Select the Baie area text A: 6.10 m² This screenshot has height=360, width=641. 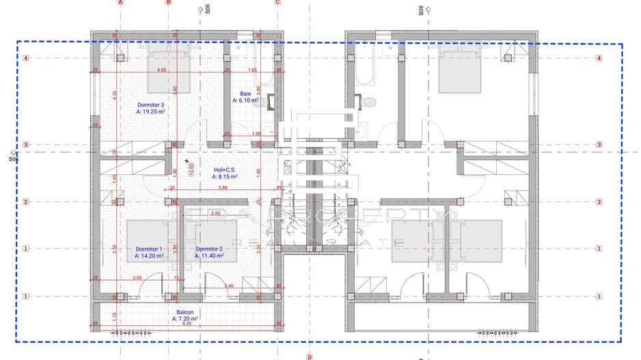tap(245, 100)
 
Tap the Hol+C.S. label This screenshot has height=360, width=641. tap(226, 170)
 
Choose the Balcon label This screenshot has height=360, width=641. tap(185, 311)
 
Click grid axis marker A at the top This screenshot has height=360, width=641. tap(120, 3)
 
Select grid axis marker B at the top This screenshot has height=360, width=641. tap(168, 3)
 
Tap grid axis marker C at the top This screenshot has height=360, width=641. tap(277, 3)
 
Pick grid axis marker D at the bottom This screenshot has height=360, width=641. tap(309, 356)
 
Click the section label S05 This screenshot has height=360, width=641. tap(208, 10)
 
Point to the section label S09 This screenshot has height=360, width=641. tap(421, 10)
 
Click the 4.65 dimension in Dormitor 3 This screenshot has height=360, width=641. tap(161, 70)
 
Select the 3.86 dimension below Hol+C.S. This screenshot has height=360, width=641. tap(222, 187)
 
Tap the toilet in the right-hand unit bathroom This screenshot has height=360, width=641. tap(369, 102)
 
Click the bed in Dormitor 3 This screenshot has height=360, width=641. tap(172, 72)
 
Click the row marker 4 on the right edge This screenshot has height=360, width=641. tap(599, 58)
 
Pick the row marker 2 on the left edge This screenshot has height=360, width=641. tap(25, 202)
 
